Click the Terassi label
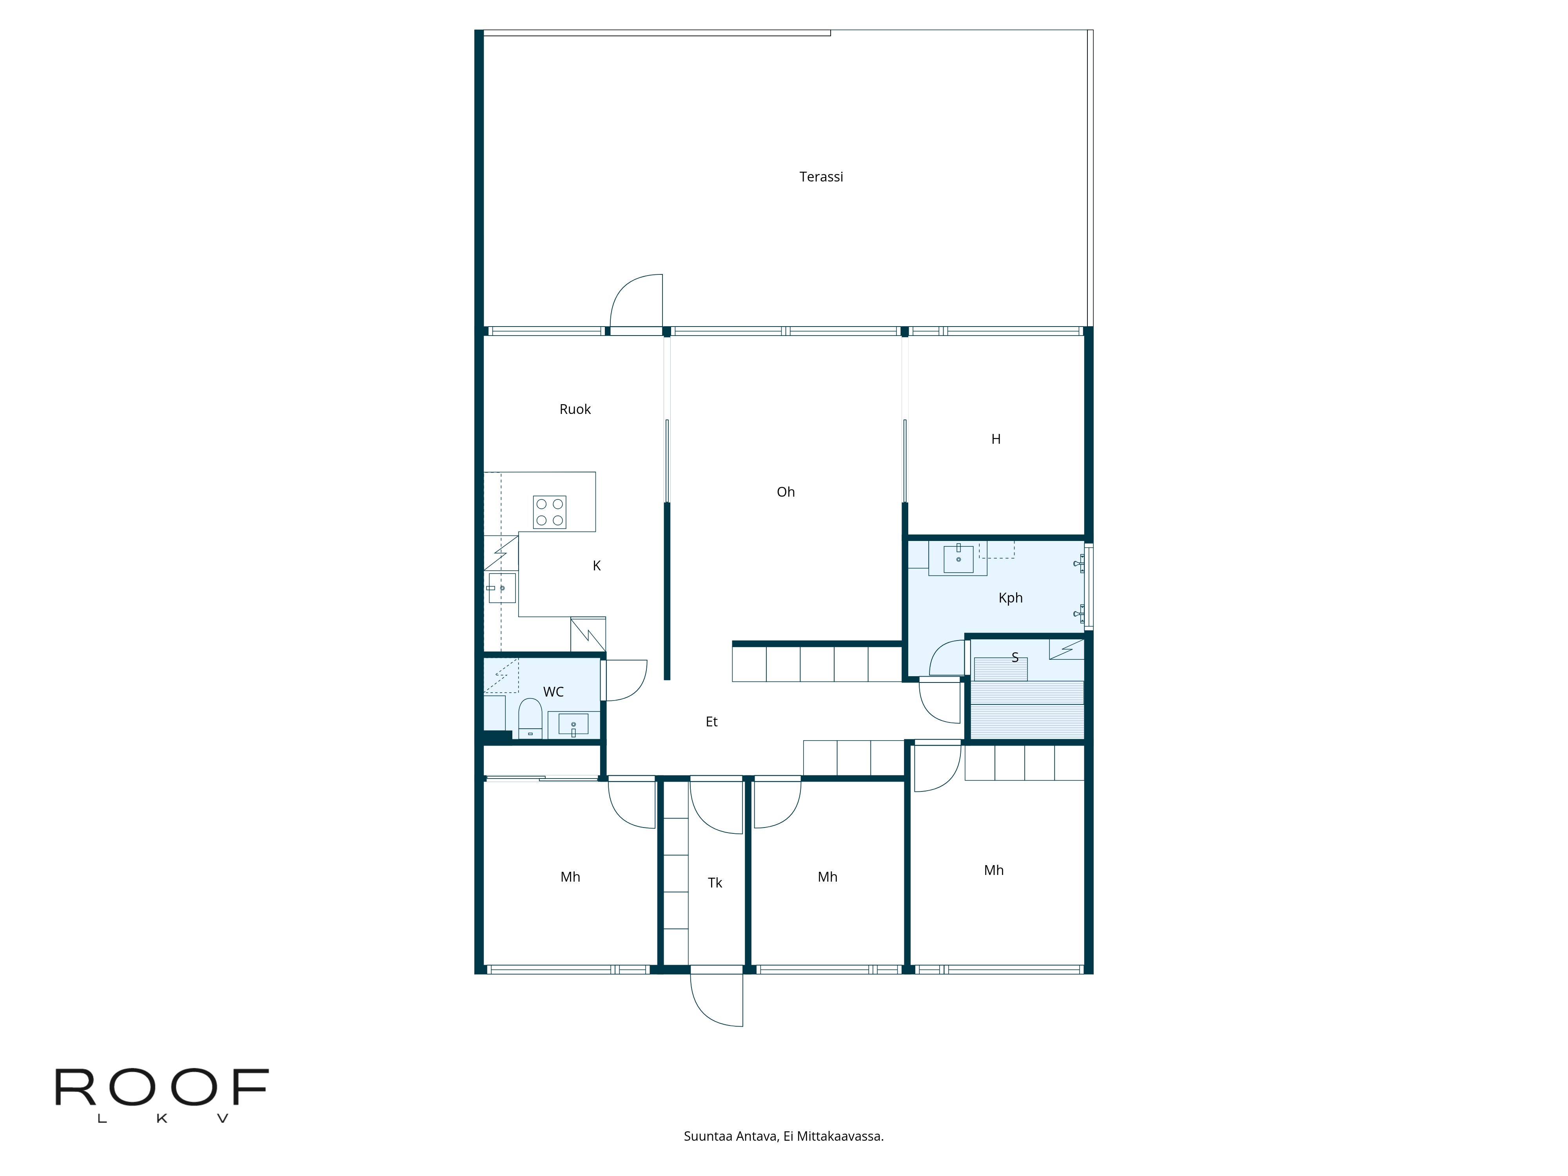tap(821, 176)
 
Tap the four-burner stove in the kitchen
tap(549, 512)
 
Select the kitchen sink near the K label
tap(502, 588)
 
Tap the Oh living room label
tap(786, 492)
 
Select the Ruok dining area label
tap(575, 409)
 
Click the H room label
tap(995, 439)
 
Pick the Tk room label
tap(715, 882)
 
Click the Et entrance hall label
tap(711, 722)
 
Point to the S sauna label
tap(1014, 657)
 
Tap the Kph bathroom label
tap(1010, 597)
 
